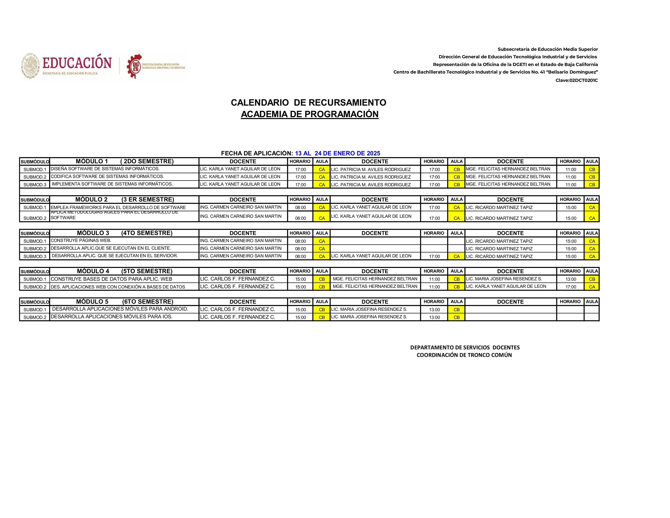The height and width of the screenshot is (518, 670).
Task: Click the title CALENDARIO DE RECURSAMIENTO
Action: point(308,103)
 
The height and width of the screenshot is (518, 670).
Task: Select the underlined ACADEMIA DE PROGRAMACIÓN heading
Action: point(310,114)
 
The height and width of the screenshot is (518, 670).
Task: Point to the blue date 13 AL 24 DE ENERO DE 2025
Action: point(337,153)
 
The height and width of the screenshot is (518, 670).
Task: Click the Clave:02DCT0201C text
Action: point(576,80)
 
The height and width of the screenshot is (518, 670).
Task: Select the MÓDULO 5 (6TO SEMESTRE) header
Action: point(124,302)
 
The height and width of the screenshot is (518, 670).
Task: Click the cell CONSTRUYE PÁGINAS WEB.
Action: point(81,241)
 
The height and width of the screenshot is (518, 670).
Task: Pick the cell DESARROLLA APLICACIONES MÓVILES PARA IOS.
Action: point(111,317)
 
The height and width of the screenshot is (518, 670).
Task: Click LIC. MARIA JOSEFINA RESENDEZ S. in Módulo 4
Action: point(504,279)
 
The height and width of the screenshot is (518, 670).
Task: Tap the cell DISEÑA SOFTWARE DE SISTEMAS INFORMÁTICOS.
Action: point(105,169)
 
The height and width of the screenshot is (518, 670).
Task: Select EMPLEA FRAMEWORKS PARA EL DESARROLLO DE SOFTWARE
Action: point(118,207)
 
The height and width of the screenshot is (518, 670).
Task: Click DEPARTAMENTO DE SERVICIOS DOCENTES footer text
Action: point(465,347)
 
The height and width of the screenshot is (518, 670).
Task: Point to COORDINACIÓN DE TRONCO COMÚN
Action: point(464,355)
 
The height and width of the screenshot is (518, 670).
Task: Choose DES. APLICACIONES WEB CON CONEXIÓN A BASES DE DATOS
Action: point(118,287)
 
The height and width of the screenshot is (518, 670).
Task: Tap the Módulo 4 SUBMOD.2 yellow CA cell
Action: point(592,287)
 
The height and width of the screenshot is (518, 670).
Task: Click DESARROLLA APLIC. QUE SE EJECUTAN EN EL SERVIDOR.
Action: point(115,256)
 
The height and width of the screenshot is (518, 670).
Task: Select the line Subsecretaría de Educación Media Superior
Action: point(548,49)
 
